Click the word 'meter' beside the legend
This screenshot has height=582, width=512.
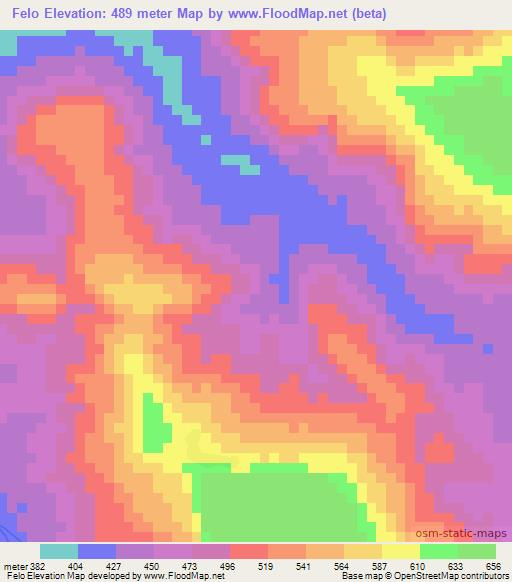(x=13, y=565)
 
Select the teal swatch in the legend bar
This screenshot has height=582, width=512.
(x=59, y=551)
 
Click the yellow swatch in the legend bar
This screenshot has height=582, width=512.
(x=401, y=551)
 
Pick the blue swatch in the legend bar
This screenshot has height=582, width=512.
(x=97, y=551)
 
